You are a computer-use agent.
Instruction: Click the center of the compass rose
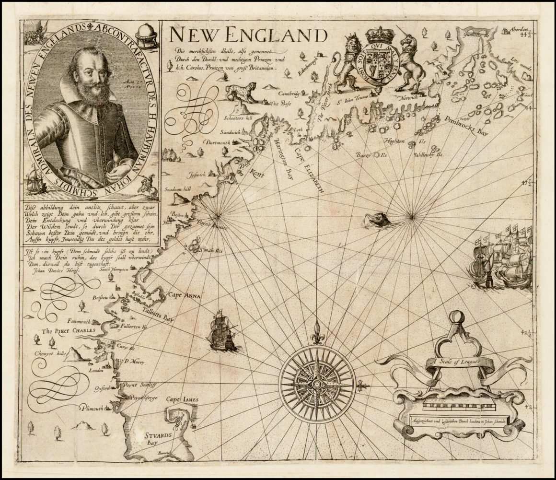point(316,385)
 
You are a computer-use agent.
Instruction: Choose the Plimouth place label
point(92,409)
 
